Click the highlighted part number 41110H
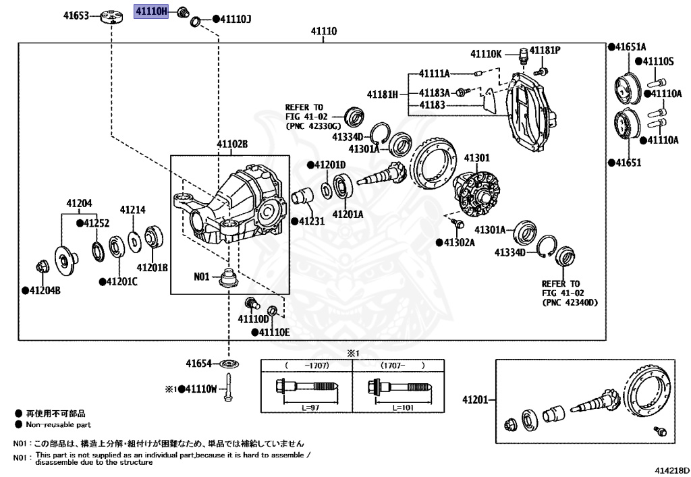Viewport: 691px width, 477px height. coord(152,11)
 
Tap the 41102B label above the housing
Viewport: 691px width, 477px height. coord(232,144)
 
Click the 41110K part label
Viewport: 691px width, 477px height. coord(487,53)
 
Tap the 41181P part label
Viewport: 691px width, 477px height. coord(545,51)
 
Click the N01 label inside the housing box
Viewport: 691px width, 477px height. coord(202,276)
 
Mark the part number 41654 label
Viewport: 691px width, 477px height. coord(200,364)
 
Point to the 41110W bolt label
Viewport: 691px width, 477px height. coord(201,389)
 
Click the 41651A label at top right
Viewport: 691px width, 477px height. coord(630,47)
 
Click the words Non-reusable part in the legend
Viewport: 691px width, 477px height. coord(58,425)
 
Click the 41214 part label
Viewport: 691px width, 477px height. coord(133,210)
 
